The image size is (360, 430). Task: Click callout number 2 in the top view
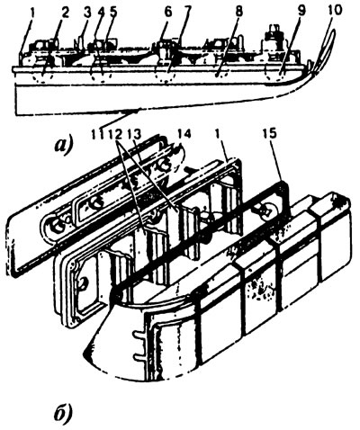pyautogui.click(x=65, y=13)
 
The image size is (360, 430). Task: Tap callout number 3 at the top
pyautogui.click(x=88, y=13)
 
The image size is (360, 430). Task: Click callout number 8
pyautogui.click(x=240, y=13)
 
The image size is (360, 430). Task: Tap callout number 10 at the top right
pyautogui.click(x=334, y=11)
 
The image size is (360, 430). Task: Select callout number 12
pyautogui.click(x=115, y=134)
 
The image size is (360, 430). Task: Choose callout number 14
pyautogui.click(x=184, y=134)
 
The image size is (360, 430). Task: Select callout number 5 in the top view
pyautogui.click(x=113, y=13)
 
